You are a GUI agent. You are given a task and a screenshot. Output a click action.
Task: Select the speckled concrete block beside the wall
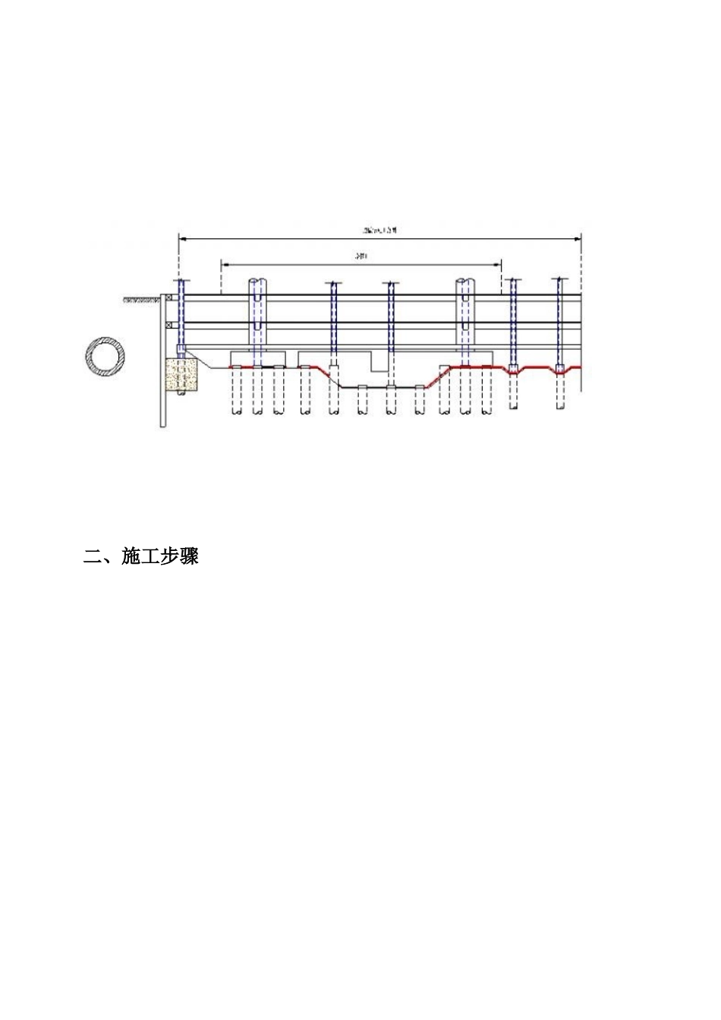tap(181, 376)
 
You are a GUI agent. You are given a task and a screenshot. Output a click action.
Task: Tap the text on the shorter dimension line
tap(361, 257)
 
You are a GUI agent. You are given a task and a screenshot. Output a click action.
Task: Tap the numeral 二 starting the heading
tap(92, 557)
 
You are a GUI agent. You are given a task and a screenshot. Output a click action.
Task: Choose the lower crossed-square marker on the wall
tap(168, 326)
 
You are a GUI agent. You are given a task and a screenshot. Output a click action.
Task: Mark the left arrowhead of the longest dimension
tap(181, 238)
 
